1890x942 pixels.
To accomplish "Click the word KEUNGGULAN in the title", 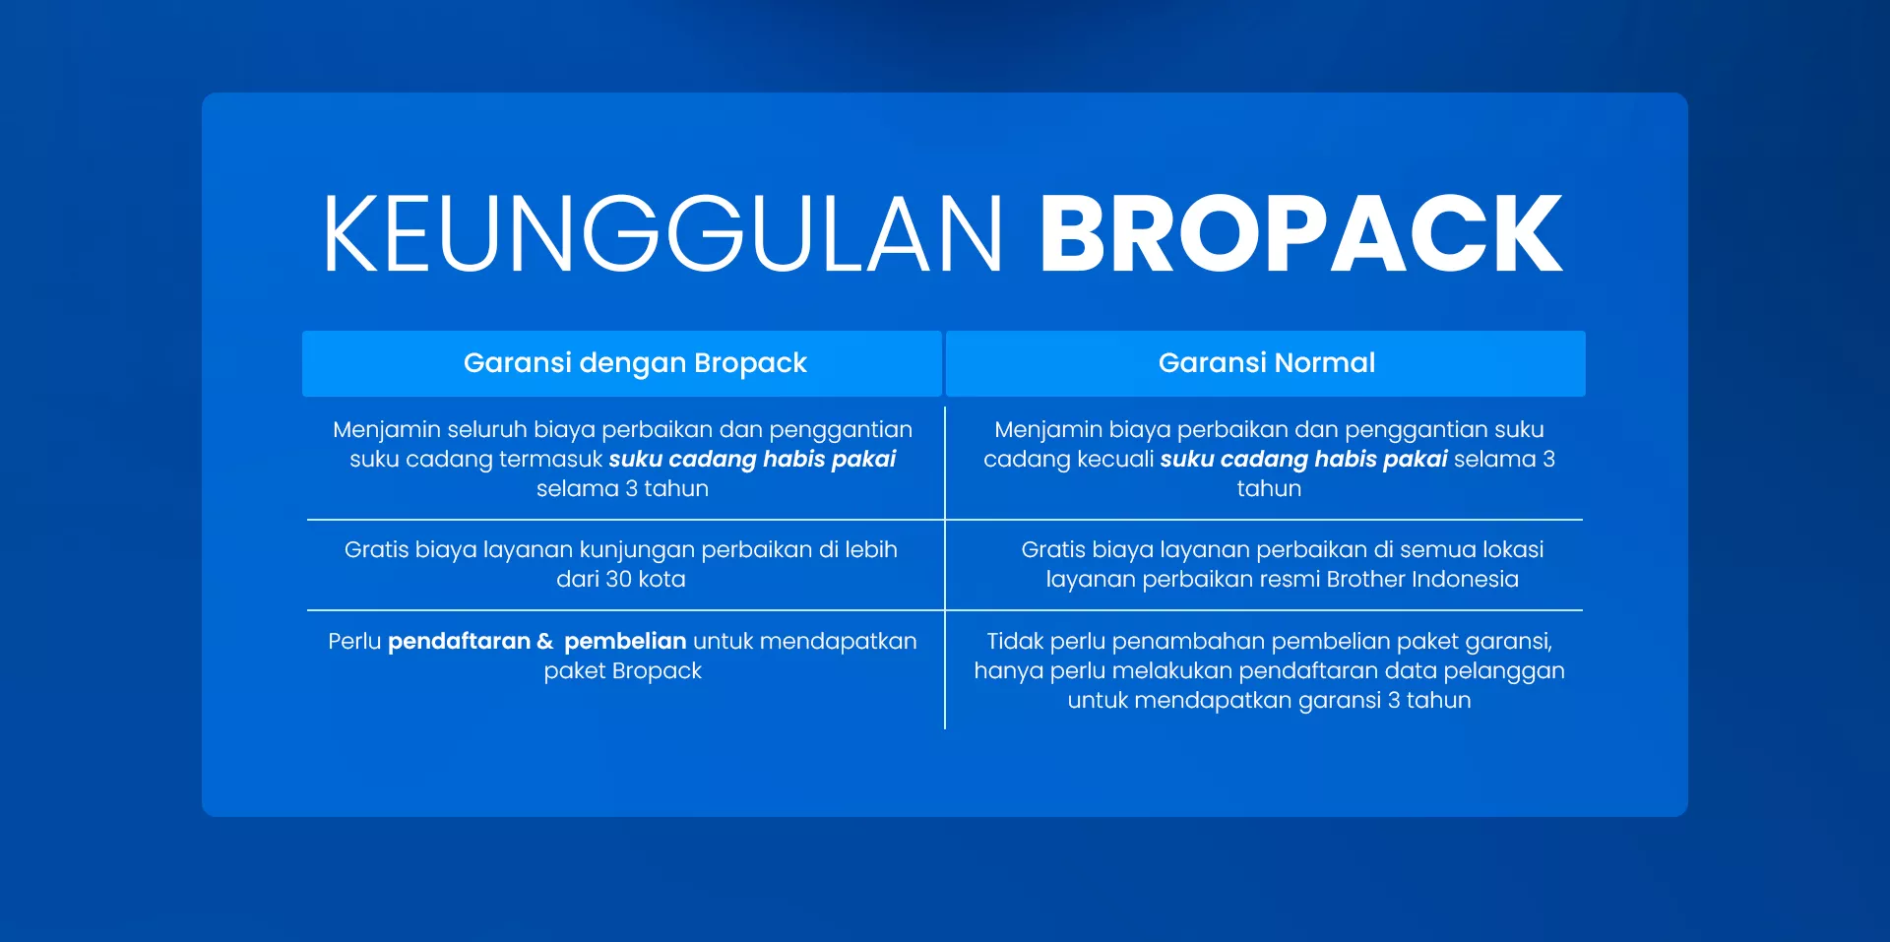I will (x=661, y=234).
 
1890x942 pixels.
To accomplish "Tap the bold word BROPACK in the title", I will (x=1300, y=234).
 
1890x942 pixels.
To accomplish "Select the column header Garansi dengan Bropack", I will (x=635, y=363).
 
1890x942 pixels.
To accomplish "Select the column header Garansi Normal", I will (x=1266, y=363).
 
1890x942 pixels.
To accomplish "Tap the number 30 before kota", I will (x=619, y=580).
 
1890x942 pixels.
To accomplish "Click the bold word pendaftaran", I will (x=459, y=642).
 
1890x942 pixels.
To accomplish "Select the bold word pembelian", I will (x=625, y=642).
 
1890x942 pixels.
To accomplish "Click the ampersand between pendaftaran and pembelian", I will (x=545, y=642).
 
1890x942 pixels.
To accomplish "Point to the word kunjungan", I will (x=636, y=550).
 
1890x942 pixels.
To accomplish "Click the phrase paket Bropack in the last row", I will (x=622, y=671).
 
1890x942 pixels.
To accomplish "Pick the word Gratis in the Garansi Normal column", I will (x=1053, y=550).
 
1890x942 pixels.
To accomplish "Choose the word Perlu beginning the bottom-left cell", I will (x=354, y=642).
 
